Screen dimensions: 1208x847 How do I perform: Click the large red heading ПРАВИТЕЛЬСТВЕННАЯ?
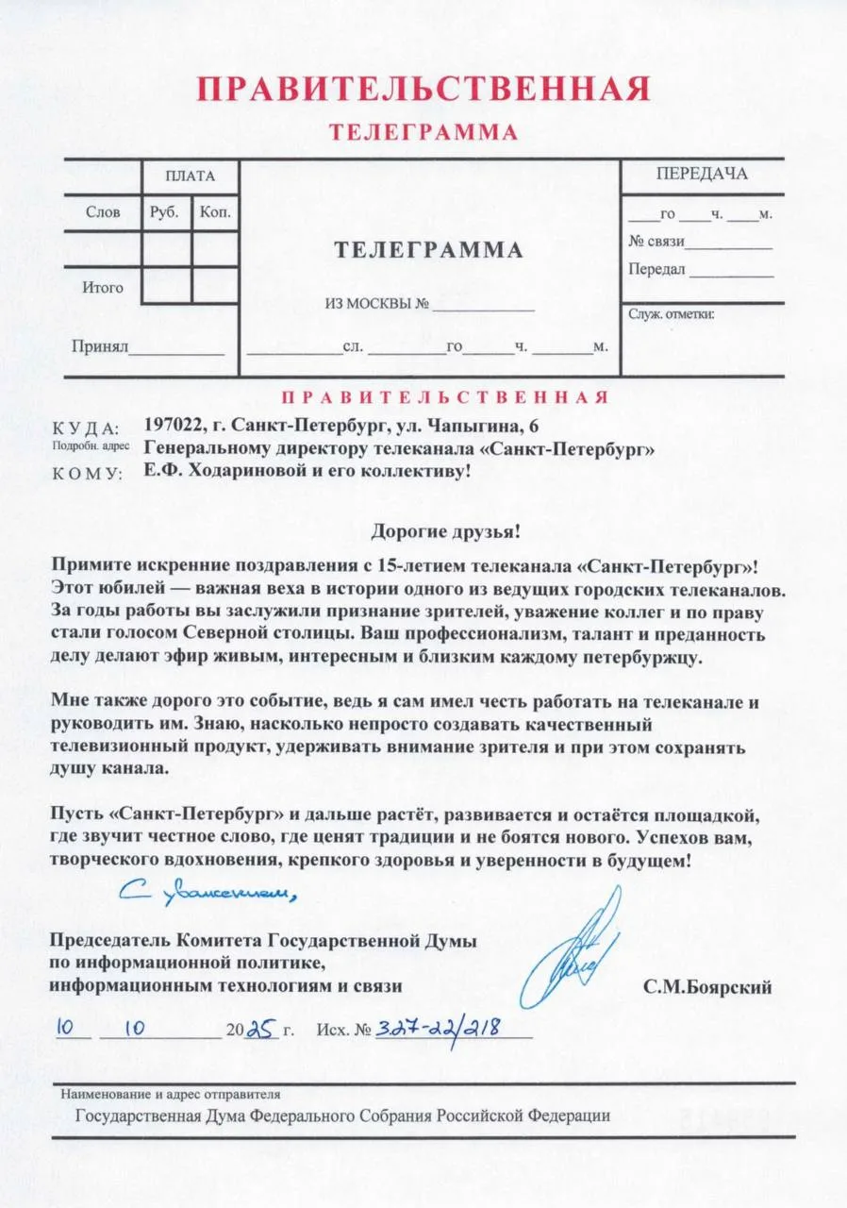pyautogui.click(x=423, y=90)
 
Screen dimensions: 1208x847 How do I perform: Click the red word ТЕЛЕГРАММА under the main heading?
pyautogui.click(x=423, y=132)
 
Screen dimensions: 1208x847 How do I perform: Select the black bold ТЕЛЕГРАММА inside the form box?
pyautogui.click(x=428, y=250)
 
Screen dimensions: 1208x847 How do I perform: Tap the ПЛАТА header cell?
pyautogui.click(x=190, y=176)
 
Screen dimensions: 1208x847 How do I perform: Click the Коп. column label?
pyautogui.click(x=215, y=212)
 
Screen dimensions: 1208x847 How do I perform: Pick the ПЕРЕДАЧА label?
pyautogui.click(x=702, y=174)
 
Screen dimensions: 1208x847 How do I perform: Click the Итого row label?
pyautogui.click(x=102, y=287)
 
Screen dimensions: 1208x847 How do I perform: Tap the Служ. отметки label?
pyautogui.click(x=671, y=314)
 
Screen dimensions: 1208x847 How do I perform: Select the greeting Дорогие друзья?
pyautogui.click(x=444, y=531)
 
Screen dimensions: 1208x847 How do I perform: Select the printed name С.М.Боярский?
pyautogui.click(x=707, y=988)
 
